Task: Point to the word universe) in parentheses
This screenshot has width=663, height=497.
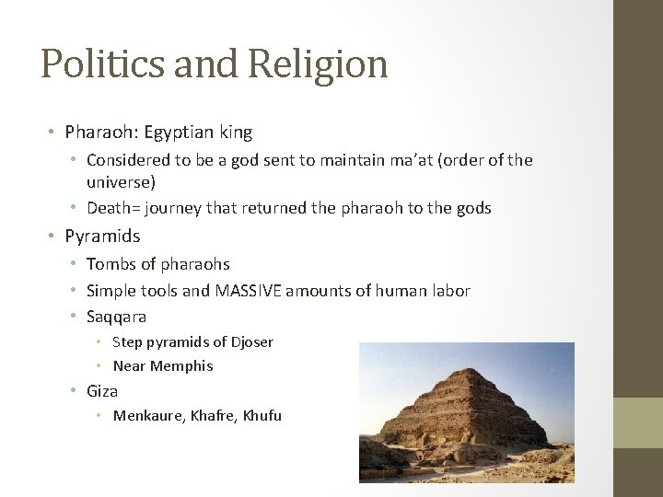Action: point(121,182)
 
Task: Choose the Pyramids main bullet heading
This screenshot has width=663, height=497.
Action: point(102,237)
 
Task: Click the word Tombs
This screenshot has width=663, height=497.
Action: point(110,265)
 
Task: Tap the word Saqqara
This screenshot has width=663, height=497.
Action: point(116,317)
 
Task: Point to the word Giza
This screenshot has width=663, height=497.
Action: point(102,391)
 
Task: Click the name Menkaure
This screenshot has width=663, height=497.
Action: point(148,416)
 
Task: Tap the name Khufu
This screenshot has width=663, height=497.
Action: point(262,416)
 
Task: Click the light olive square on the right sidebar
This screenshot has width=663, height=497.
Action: point(638,422)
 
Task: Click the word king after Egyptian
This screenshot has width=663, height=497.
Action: point(235,132)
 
